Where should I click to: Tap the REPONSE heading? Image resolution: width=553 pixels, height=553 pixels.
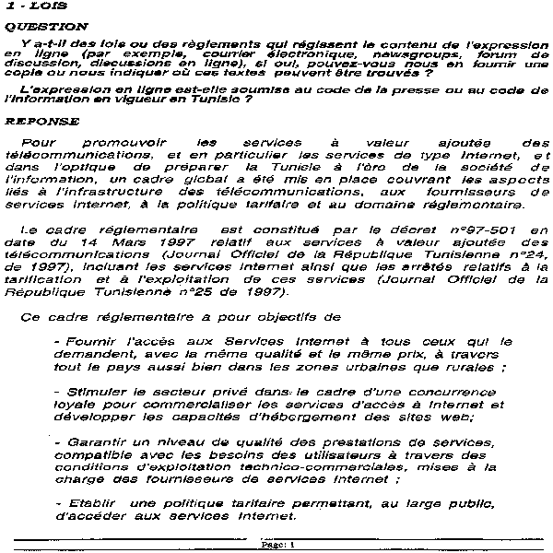coord(36,121)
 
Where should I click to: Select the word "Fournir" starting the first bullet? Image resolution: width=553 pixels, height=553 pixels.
coord(90,341)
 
